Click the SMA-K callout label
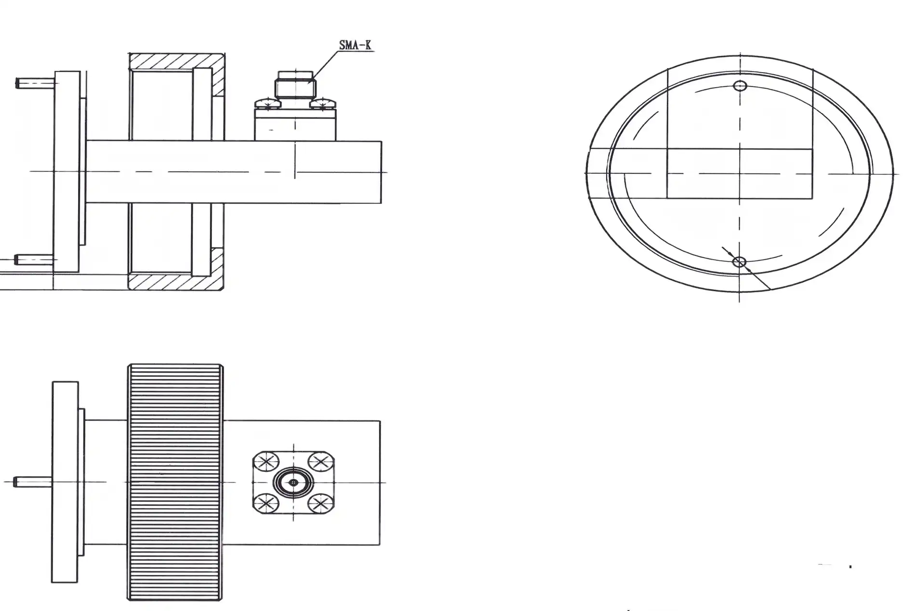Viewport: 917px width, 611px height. coord(355,45)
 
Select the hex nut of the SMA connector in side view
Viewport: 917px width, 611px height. coord(294,88)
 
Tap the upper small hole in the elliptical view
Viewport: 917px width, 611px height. coord(740,86)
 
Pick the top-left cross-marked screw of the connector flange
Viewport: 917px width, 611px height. coord(266,461)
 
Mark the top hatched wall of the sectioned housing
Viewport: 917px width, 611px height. coord(176,61)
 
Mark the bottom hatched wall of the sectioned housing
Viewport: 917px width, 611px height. coord(176,282)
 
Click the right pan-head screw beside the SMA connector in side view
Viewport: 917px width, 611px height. coord(323,103)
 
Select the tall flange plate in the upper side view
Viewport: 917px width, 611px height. coord(67,172)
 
